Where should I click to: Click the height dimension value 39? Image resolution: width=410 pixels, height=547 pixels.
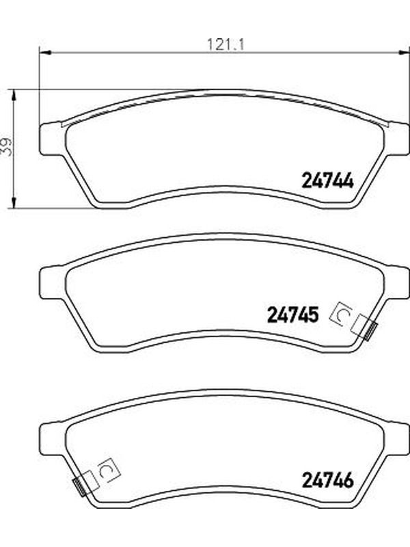tap(6, 146)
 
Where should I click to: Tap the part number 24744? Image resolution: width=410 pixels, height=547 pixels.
tap(327, 181)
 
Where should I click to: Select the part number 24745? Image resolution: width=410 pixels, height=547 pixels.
tap(292, 315)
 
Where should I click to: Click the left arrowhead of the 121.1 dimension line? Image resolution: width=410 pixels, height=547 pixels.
tap(45, 53)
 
